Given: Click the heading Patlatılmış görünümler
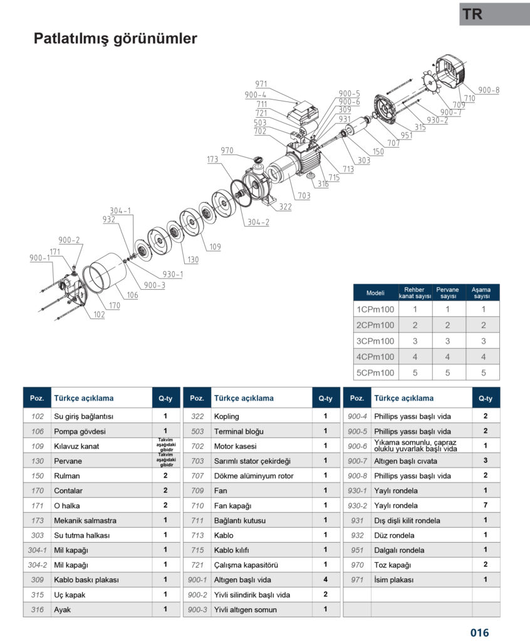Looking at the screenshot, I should [115, 39].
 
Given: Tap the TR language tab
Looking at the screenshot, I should [474, 14].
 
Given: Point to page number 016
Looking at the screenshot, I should [479, 632].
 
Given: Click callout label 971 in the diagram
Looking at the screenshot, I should [261, 84].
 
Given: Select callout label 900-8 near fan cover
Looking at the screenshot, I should [489, 90].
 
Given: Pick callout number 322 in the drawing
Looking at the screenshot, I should [285, 207].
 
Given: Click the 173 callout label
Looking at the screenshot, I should [212, 160].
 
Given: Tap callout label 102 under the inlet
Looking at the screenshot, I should [99, 315].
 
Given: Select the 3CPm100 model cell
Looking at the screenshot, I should [375, 341].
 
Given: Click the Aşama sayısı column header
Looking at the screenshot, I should [482, 292].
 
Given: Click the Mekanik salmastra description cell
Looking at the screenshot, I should [85, 520].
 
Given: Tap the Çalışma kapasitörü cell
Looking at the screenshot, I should [246, 565].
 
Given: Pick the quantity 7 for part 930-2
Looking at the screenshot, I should [486, 505].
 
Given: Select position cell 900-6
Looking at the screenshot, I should [356, 446].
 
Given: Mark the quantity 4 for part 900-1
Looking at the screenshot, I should [325, 580].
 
